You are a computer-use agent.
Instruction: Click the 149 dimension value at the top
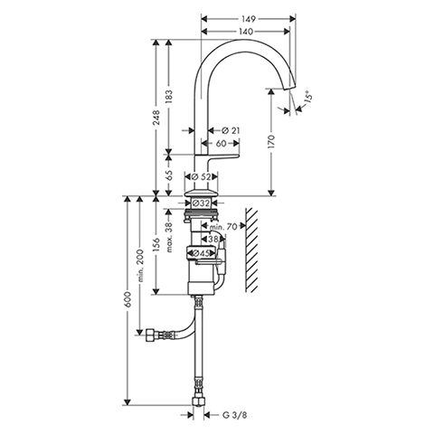[249, 19]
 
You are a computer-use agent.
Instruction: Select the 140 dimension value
[247, 32]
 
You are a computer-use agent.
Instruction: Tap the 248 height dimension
[156, 118]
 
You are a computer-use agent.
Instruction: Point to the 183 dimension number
[169, 97]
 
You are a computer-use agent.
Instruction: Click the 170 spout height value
[271, 142]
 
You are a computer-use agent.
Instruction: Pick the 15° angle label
[308, 97]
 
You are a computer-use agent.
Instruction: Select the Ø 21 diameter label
[231, 130]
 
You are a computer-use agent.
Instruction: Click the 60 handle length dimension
[221, 143]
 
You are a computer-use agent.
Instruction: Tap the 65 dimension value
[169, 175]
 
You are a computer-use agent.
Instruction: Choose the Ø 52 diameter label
[202, 177]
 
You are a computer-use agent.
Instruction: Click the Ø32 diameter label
[201, 203]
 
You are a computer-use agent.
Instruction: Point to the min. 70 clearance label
[224, 227]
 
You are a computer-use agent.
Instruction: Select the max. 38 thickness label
[169, 237]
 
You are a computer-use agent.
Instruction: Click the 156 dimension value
[156, 245]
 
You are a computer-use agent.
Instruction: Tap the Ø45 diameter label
[201, 253]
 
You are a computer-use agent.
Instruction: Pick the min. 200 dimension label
[141, 265]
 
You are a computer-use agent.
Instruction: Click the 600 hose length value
[128, 299]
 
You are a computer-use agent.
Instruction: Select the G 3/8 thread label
[234, 415]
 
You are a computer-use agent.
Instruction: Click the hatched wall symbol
[251, 250]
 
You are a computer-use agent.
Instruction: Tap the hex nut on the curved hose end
[149, 335]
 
